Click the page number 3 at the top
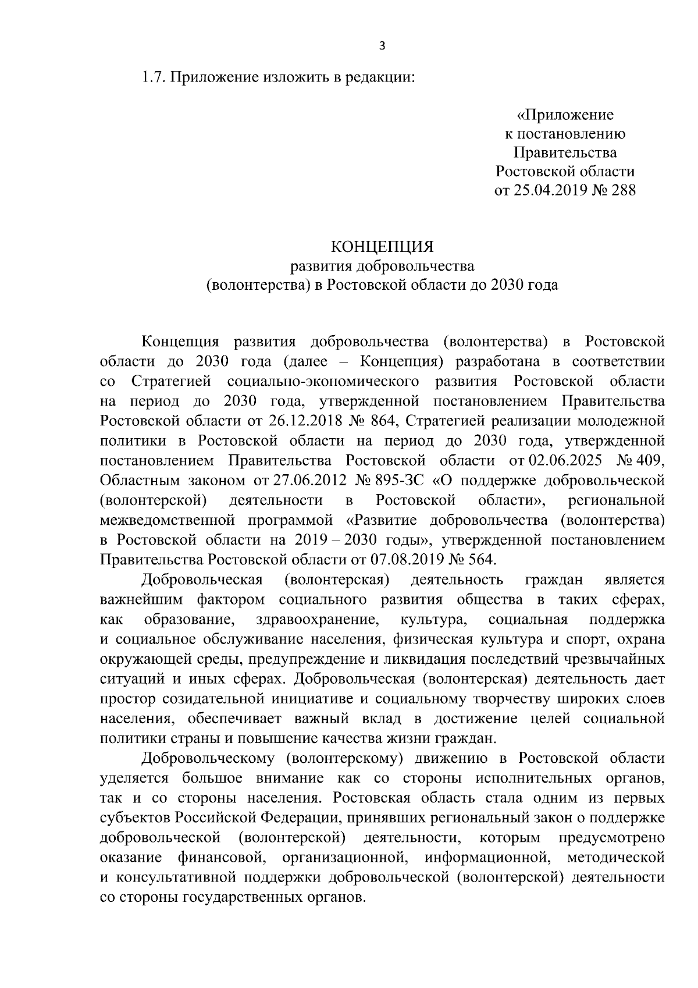(x=382, y=47)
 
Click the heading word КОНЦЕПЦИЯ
(x=382, y=247)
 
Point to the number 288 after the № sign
(x=621, y=190)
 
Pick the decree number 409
(x=647, y=461)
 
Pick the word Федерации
(x=299, y=818)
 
